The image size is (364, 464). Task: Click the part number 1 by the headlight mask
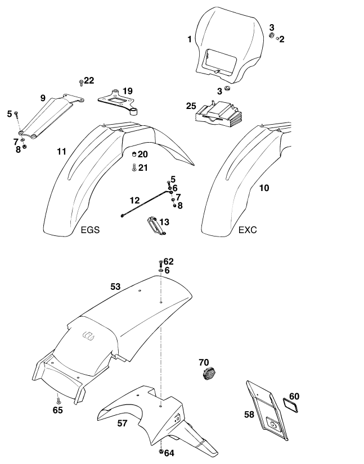click(x=190, y=39)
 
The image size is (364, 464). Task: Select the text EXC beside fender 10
click(x=248, y=230)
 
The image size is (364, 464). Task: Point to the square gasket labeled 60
click(x=292, y=403)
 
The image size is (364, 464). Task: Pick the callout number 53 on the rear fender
click(x=115, y=286)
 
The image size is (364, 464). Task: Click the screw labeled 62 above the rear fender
click(x=161, y=262)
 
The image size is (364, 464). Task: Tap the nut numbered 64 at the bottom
click(x=161, y=452)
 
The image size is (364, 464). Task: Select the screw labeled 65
click(x=58, y=400)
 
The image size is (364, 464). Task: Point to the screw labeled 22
click(x=82, y=83)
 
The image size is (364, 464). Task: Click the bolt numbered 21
click(x=134, y=167)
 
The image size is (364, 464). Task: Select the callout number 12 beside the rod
click(x=134, y=200)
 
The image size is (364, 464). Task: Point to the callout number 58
click(x=249, y=414)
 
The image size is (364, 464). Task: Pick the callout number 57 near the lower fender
click(x=122, y=424)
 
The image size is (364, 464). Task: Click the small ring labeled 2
click(x=277, y=38)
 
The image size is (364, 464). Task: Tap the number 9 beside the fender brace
click(x=42, y=98)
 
